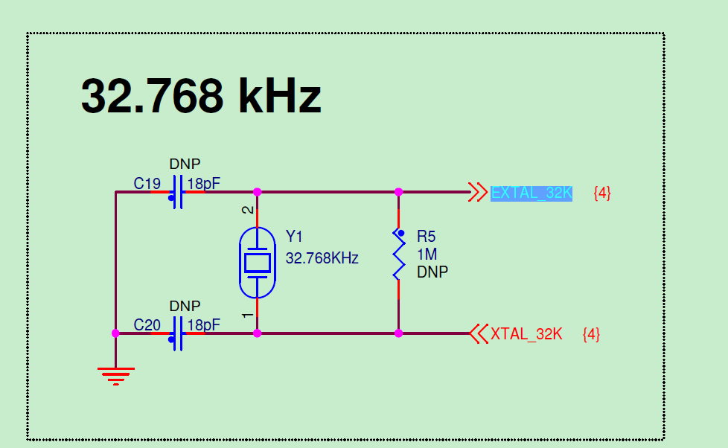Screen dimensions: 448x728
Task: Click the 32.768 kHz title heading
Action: tap(201, 96)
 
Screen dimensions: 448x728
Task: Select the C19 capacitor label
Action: tap(147, 183)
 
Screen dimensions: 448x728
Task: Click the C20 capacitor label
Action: tap(147, 325)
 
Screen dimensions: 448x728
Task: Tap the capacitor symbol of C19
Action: tap(177, 192)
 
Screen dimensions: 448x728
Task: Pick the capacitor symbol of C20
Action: tap(177, 333)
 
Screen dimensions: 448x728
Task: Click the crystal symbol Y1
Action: tap(258, 262)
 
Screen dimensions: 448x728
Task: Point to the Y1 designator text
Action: tap(295, 237)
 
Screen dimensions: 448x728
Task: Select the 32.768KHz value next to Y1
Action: tap(322, 259)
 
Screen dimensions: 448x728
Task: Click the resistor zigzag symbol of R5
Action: tap(398, 255)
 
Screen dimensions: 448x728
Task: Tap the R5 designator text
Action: tap(426, 237)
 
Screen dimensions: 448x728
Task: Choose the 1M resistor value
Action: tap(427, 255)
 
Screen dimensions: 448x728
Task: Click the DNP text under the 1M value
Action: tap(432, 272)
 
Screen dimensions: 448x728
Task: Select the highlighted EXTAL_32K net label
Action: tap(531, 193)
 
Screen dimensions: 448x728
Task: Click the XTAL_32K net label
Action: tap(526, 334)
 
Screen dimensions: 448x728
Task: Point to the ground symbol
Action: tap(115, 375)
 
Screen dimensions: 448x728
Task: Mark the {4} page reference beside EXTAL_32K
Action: tap(602, 193)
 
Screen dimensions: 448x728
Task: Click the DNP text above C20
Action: tap(185, 306)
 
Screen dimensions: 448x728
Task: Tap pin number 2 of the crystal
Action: tap(249, 211)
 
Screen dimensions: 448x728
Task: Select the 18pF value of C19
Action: tap(204, 183)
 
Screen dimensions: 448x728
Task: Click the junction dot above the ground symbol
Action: tap(115, 333)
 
